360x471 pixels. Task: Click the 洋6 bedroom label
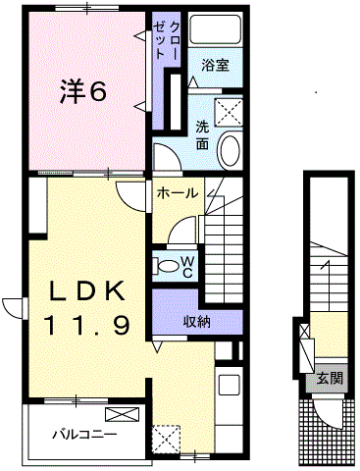(x=83, y=91)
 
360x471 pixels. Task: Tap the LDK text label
(x=87, y=290)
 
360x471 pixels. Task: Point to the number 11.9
(x=88, y=325)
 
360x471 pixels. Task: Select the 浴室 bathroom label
(x=215, y=65)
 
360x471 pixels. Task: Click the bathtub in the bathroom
(x=216, y=28)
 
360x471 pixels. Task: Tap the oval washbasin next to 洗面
(x=231, y=150)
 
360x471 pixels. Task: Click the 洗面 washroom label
(x=202, y=135)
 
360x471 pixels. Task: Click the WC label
(x=187, y=267)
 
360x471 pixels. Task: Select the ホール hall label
(x=178, y=193)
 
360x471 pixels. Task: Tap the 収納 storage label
(x=196, y=322)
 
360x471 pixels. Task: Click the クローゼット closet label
(x=167, y=40)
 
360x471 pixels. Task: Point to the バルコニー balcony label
(x=85, y=435)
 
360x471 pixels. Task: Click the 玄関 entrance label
(x=330, y=379)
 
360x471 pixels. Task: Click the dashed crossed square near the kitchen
(x=166, y=439)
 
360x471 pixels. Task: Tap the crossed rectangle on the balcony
(x=122, y=414)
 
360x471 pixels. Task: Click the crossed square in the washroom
(x=229, y=113)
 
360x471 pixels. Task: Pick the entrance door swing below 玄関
(x=328, y=412)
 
